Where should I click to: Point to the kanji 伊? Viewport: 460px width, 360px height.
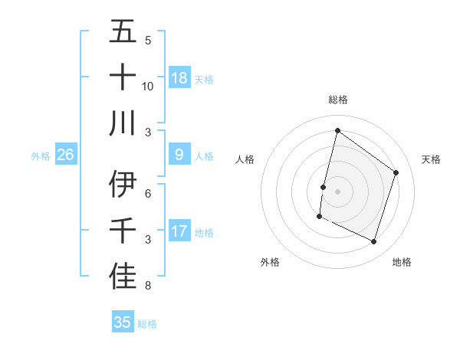(x=123, y=185)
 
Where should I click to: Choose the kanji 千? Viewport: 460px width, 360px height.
(x=123, y=231)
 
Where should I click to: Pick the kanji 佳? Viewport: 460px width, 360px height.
(x=123, y=277)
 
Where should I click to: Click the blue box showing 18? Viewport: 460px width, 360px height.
(x=179, y=77)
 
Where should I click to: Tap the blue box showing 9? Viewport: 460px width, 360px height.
(x=179, y=155)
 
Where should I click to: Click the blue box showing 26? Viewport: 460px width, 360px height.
(x=66, y=155)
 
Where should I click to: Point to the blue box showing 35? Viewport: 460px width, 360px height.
(x=123, y=322)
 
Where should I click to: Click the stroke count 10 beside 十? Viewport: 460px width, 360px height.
(x=148, y=87)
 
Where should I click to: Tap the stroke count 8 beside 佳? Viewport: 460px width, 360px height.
(x=148, y=286)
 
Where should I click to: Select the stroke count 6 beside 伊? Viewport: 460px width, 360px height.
(x=148, y=194)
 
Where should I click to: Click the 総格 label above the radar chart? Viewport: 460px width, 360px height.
(x=337, y=100)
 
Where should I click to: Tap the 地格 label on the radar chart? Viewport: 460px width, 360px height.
(x=402, y=262)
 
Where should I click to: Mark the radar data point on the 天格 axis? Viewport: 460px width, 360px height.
(x=396, y=172)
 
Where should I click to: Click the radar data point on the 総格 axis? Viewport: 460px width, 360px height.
(x=337, y=131)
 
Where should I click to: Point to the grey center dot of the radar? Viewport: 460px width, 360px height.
(x=337, y=191)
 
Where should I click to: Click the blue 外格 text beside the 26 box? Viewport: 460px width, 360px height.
(x=41, y=155)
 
